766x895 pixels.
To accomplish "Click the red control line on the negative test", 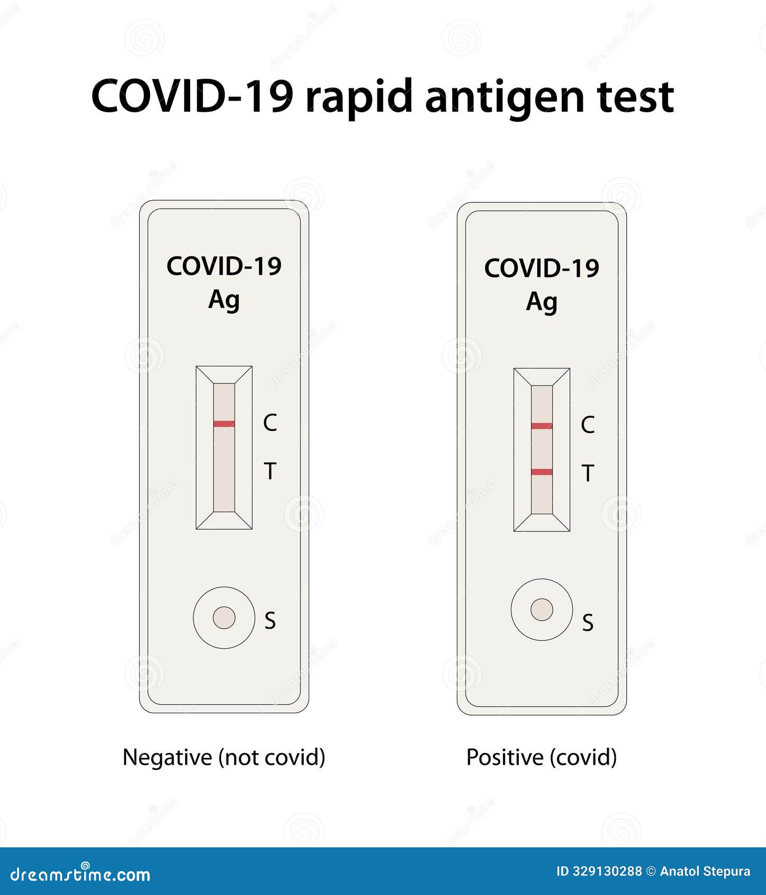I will [224, 424].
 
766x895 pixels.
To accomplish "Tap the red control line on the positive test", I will [542, 426].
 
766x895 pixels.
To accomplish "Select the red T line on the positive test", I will [542, 472].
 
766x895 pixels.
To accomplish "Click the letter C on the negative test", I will [270, 423].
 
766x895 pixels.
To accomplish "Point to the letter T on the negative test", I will [270, 471].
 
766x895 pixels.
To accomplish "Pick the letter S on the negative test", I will [270, 620].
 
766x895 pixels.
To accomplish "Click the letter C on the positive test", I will [588, 425].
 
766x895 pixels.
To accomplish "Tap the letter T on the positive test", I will [588, 473].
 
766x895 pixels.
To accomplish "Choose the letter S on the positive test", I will [588, 623].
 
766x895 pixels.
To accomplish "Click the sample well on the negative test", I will [224, 617].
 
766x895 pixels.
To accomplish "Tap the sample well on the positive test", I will [542, 610].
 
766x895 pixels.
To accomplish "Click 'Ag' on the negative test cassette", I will [224, 300].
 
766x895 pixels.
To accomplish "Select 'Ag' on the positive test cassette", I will [542, 302].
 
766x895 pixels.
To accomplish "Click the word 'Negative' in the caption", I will [167, 757].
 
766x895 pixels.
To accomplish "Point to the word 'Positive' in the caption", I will [505, 757].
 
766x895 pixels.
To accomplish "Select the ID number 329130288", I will [607, 871].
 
